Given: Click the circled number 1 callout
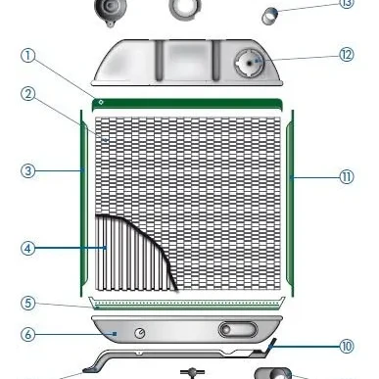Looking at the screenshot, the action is click(x=27, y=56).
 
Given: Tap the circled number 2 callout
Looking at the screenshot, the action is click(x=27, y=94).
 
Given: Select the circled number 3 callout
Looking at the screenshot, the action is click(x=27, y=170).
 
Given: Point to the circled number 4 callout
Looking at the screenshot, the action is click(x=27, y=248).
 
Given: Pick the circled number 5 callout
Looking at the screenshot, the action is click(x=27, y=303).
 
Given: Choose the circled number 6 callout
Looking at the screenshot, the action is click(x=27, y=334).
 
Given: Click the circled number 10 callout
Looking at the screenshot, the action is click(x=347, y=346).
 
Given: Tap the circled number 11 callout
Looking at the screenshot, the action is click(x=347, y=177).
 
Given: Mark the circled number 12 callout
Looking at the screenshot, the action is click(x=347, y=55).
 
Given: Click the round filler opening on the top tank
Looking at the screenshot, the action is click(x=250, y=63).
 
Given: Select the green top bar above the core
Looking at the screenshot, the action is click(x=187, y=104).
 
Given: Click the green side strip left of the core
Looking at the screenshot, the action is click(x=84, y=203).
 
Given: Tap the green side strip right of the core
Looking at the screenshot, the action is click(x=290, y=203).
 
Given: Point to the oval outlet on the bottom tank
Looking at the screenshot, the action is click(x=238, y=329).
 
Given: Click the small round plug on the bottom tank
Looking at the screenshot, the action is click(x=140, y=333).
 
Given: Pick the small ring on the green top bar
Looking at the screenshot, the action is click(x=101, y=102).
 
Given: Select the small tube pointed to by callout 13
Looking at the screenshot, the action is click(x=270, y=16).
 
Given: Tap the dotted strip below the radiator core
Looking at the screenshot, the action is click(x=187, y=304).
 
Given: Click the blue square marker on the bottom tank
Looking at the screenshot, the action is click(x=115, y=334).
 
